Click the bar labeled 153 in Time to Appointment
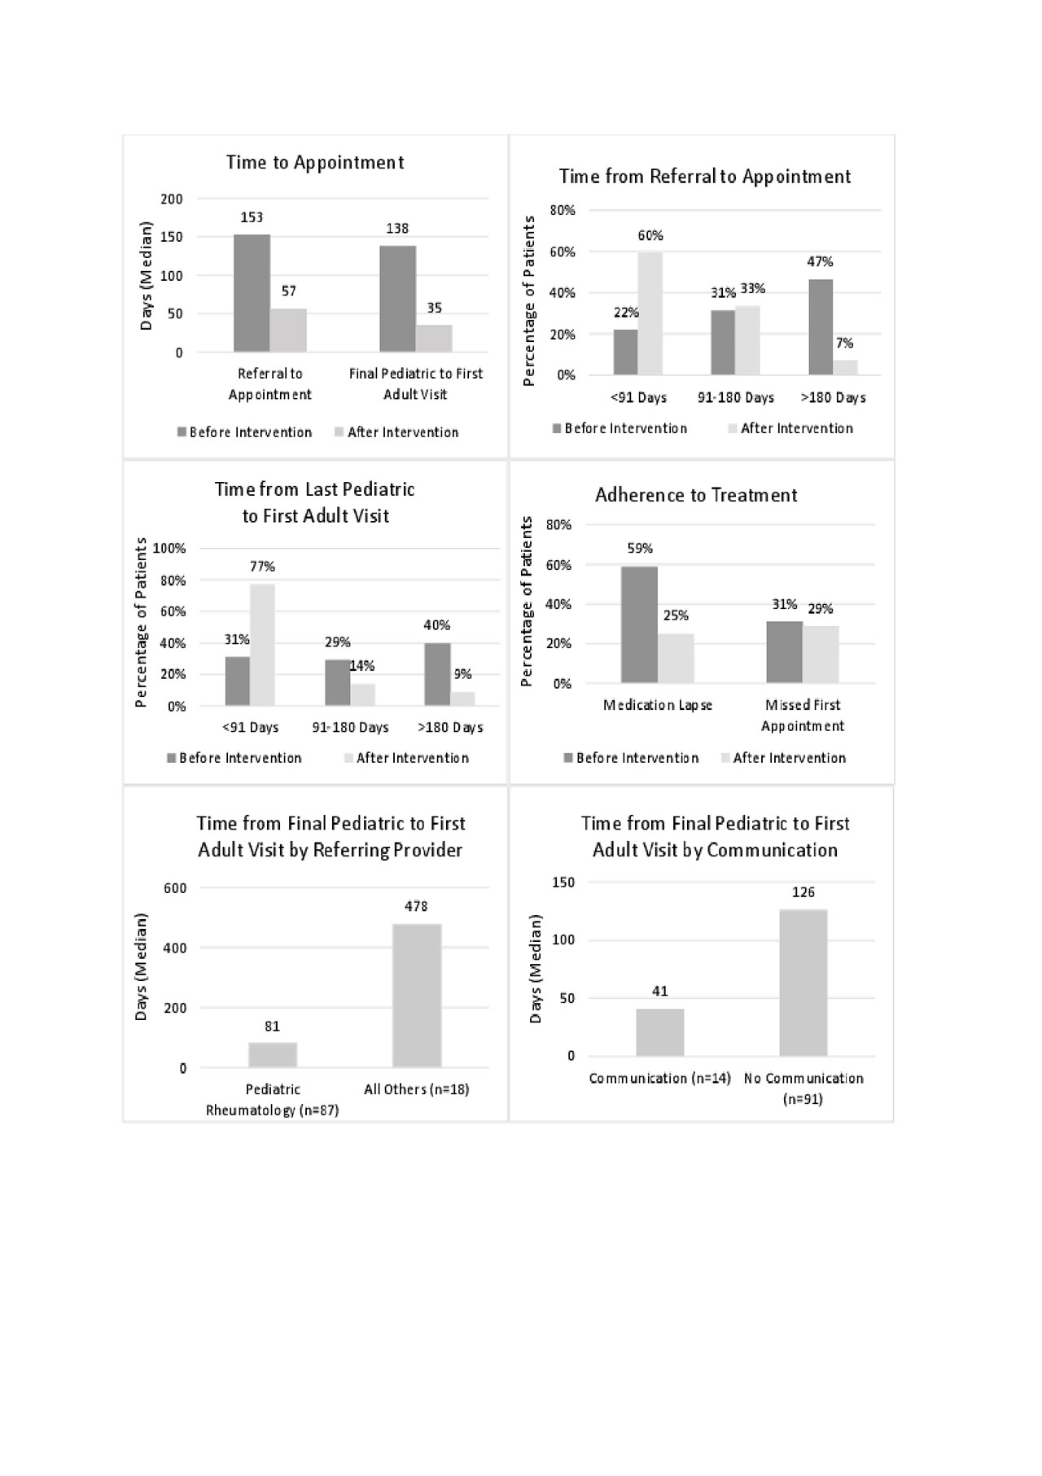(x=252, y=293)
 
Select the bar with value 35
(x=434, y=339)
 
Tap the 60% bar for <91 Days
(x=650, y=313)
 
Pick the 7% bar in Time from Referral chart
(x=845, y=367)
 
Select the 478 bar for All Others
(x=417, y=995)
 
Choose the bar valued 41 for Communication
(x=660, y=1032)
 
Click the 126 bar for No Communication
(x=803, y=983)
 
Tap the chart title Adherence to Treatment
(x=696, y=495)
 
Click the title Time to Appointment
(x=315, y=162)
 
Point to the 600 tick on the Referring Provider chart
(x=175, y=888)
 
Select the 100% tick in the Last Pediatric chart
(x=169, y=549)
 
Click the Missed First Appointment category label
(x=803, y=715)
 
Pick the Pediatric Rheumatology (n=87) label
(x=273, y=1099)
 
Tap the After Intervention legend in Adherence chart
(x=789, y=758)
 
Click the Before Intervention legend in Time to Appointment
(x=250, y=432)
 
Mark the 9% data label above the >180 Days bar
(x=462, y=674)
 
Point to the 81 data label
(x=272, y=1027)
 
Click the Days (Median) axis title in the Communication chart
(x=536, y=969)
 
